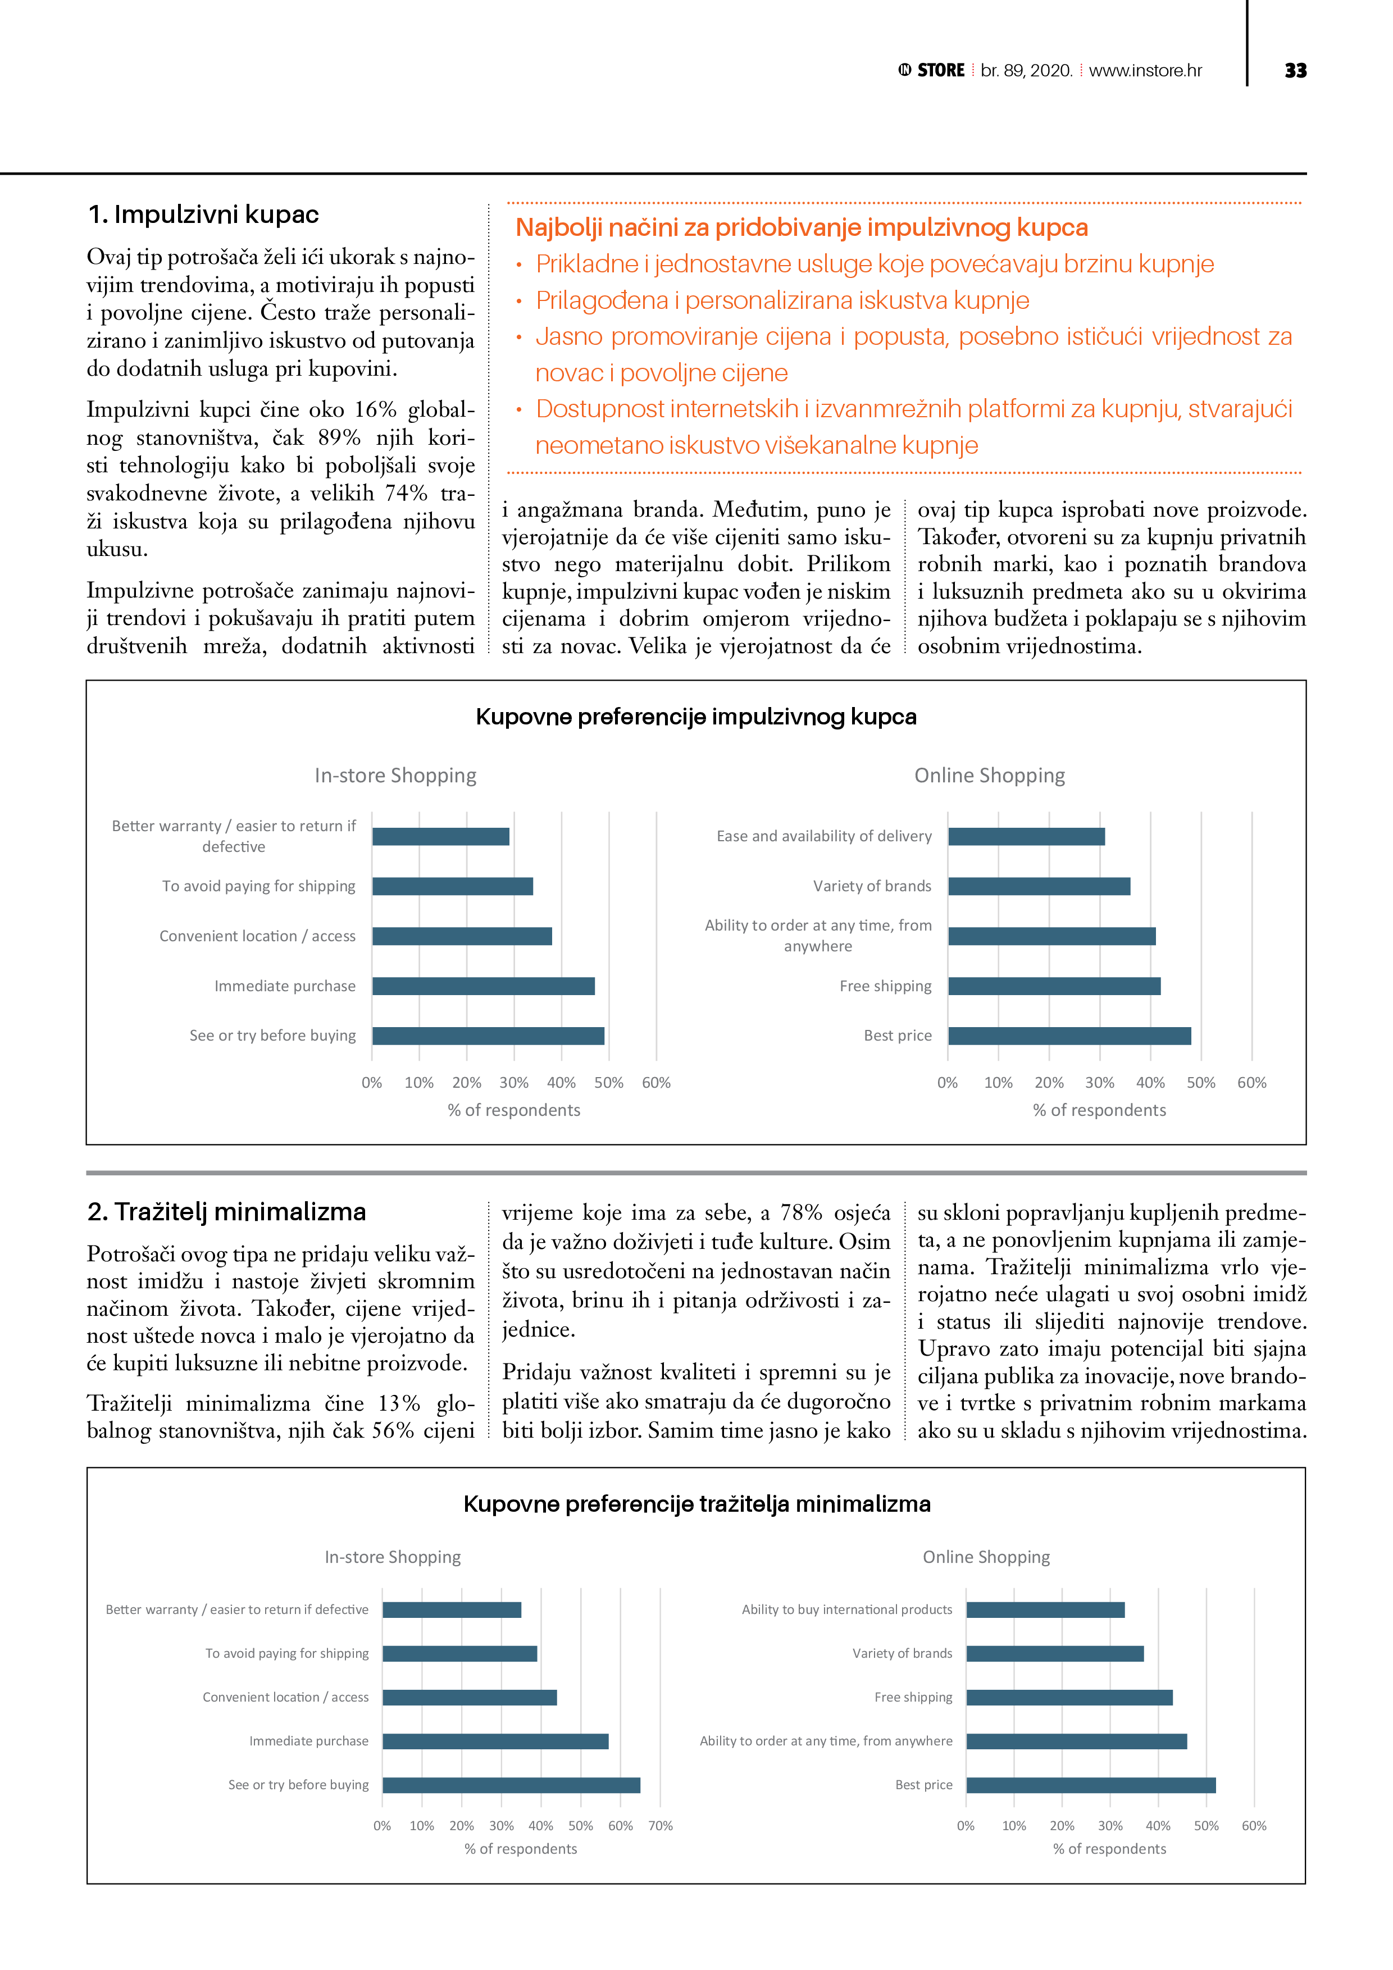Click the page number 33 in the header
tap(1295, 70)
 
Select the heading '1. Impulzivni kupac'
tap(203, 215)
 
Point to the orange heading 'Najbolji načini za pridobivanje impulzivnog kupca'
tap(801, 227)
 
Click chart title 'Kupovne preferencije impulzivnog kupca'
tap(696, 717)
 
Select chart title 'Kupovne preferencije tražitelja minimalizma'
tap(696, 1504)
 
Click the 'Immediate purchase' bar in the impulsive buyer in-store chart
tap(483, 986)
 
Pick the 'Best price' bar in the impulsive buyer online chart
tap(1068, 1036)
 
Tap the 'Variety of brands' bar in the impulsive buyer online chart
tap(1039, 886)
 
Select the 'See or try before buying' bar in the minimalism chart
tap(511, 1786)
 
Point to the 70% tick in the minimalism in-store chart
tap(660, 1826)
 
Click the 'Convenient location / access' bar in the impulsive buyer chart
tap(462, 936)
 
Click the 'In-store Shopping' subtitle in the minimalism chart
tap(392, 1557)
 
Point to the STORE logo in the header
tap(932, 70)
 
